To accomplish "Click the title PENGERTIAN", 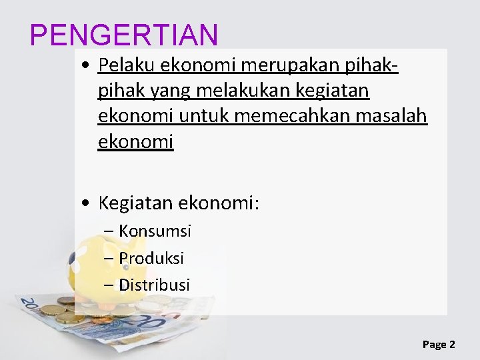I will coord(124,35).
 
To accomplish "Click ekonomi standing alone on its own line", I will coord(135,141).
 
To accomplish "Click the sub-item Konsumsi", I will coord(155,231).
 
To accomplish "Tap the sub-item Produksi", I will coord(151,258).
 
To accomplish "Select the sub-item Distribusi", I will coord(154,285).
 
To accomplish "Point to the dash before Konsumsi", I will coord(109,232).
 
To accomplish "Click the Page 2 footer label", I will coord(439,344).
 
